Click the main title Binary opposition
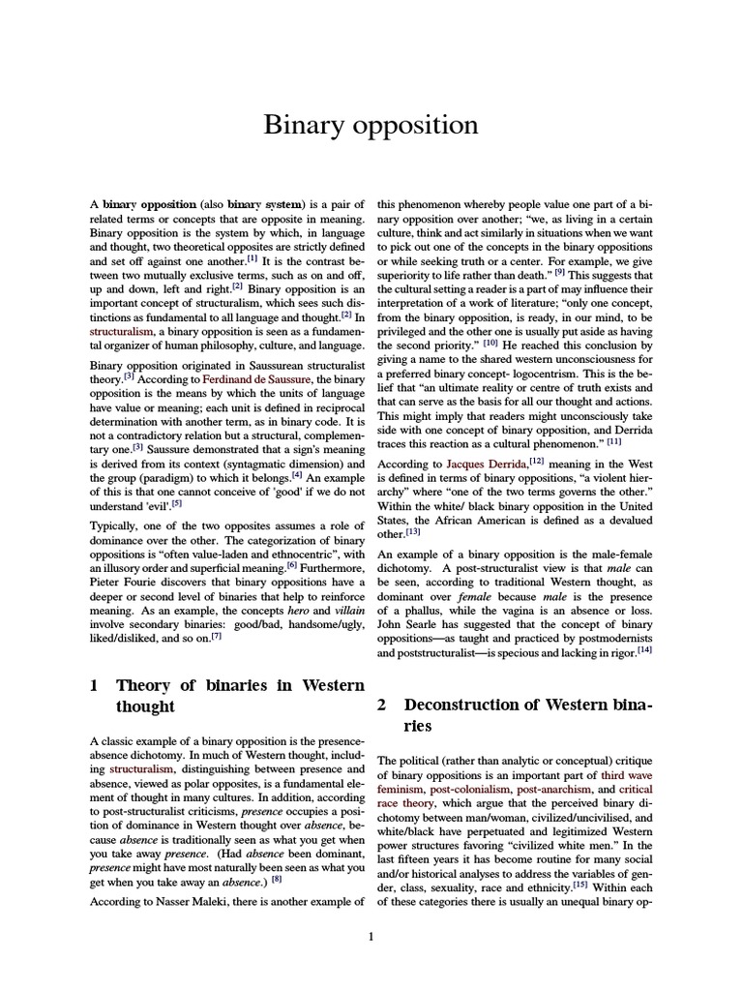point(371,126)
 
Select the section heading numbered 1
point(226,696)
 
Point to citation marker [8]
point(277,879)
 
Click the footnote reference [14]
point(644,650)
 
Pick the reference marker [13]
point(413,531)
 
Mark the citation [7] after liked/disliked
point(217,636)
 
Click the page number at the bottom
point(371,937)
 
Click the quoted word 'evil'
point(160,504)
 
